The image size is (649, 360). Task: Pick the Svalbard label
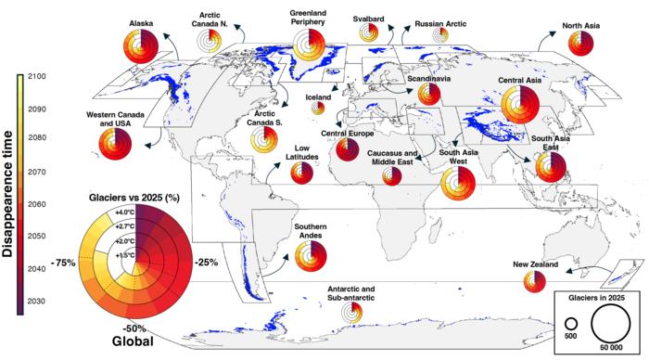tap(368, 18)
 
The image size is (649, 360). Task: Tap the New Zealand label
tap(536, 265)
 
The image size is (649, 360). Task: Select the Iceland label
tap(318, 96)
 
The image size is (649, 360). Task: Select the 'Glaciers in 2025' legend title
tap(597, 300)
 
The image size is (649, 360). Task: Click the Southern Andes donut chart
tap(312, 255)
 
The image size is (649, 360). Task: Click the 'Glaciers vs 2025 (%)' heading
tap(134, 198)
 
